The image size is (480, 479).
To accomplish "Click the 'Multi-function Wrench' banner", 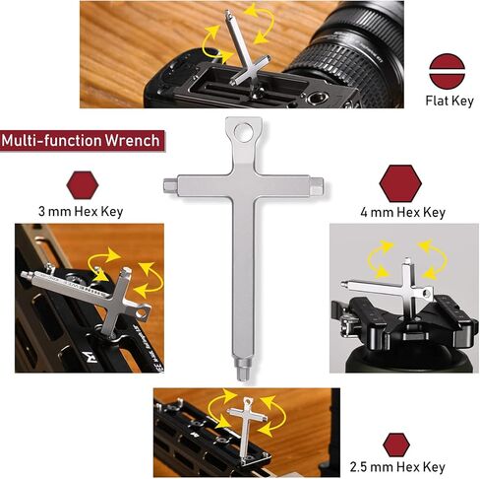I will coord(81,140).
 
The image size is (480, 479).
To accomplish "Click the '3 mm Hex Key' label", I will coord(81,211).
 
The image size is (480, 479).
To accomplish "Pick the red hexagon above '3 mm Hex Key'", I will coord(81,184).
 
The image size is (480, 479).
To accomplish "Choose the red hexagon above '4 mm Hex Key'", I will coord(400,182).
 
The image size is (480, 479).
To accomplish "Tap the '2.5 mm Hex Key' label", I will coord(396,467).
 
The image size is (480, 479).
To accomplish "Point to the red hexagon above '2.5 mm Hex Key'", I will coord(396,443).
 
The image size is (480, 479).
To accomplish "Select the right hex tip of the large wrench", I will coord(315,183).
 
